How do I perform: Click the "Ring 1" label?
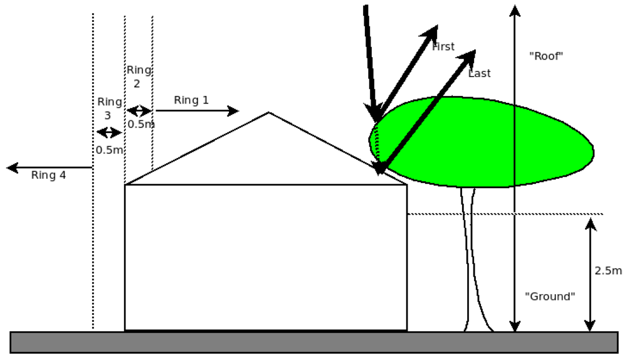click(191, 100)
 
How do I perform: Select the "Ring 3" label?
click(109, 108)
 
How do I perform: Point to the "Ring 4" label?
click(48, 176)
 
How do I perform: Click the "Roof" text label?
click(547, 56)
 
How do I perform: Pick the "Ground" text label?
click(550, 297)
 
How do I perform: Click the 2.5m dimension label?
click(608, 271)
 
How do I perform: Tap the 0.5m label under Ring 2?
click(141, 124)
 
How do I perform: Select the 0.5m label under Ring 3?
click(109, 150)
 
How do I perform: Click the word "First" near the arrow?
click(444, 46)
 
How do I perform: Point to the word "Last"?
click(480, 73)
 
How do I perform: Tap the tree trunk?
click(475, 263)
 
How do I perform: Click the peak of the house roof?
click(269, 114)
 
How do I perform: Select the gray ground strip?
click(313, 342)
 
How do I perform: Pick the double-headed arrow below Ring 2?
click(139, 111)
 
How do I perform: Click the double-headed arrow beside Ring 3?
click(108, 133)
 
